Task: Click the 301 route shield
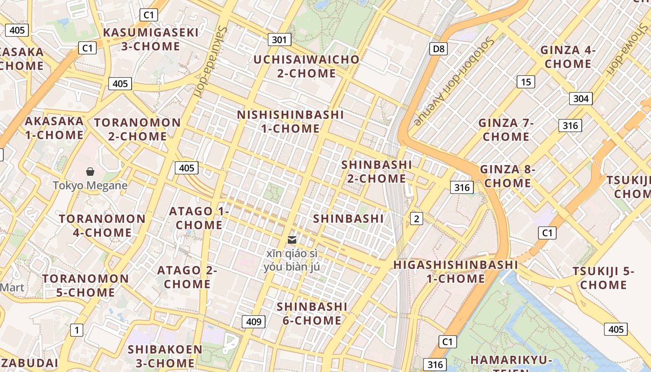279,40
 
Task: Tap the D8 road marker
438,48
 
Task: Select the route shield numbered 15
525,82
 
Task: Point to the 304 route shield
581,98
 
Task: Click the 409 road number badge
253,321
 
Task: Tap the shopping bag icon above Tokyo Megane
90,172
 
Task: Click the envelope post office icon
292,240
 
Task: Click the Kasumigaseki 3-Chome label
150,39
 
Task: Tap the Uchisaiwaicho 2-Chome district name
306,66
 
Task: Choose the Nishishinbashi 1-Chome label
291,121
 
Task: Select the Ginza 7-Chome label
506,130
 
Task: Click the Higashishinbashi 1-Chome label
456,272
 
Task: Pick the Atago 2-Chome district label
187,277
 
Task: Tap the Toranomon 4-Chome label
102,225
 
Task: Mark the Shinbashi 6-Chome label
312,313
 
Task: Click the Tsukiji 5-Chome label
603,278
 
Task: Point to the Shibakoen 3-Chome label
165,356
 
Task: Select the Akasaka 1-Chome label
54,128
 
